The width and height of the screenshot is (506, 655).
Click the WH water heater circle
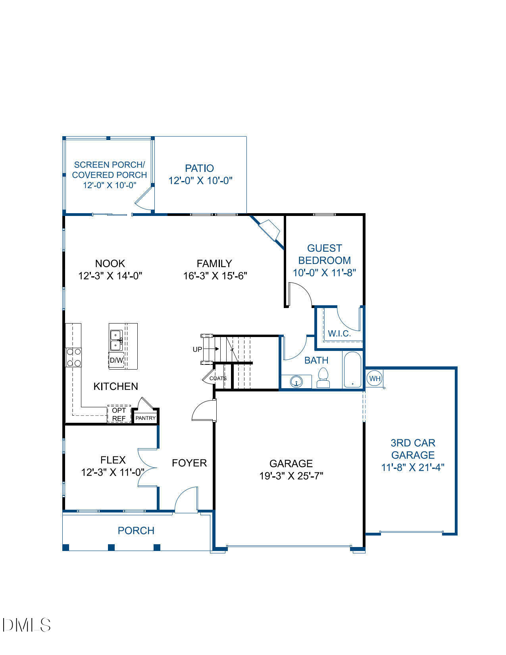click(x=375, y=378)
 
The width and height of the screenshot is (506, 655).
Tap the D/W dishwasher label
click(x=116, y=360)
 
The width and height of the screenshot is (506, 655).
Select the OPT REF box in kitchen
click(x=119, y=414)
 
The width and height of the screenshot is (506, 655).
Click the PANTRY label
click(x=146, y=418)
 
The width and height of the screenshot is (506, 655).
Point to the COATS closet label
click(x=218, y=378)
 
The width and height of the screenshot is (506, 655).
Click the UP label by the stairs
click(x=197, y=349)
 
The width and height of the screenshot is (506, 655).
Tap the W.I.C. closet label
click(x=339, y=334)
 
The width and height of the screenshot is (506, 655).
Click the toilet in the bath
click(x=323, y=378)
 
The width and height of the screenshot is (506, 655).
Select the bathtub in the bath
click(x=352, y=370)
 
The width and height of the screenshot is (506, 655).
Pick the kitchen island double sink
click(x=116, y=340)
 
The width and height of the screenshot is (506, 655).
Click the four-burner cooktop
click(x=73, y=357)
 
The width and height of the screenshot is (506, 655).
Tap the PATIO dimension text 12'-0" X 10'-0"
click(x=200, y=181)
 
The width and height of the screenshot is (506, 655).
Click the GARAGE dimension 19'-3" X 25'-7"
click(x=291, y=476)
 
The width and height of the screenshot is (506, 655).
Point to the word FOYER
click(x=189, y=463)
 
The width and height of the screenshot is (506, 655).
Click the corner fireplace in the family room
click(x=269, y=230)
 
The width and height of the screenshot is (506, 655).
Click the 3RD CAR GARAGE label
click(x=413, y=449)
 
